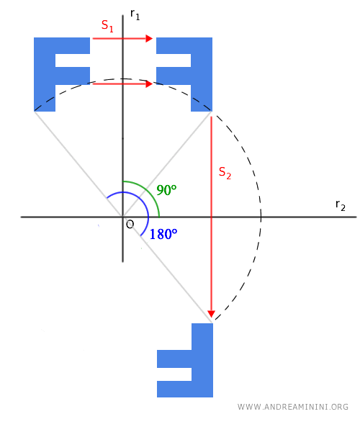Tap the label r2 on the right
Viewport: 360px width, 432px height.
click(340, 205)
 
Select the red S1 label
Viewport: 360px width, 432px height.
click(107, 26)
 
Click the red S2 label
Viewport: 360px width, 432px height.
click(225, 173)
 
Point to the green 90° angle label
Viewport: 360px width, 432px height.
click(166, 191)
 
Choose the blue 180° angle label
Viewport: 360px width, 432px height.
click(164, 234)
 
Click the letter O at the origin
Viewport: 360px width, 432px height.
click(130, 225)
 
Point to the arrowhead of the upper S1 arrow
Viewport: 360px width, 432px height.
click(149, 39)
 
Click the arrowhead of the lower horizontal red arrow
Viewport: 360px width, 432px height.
click(149, 84)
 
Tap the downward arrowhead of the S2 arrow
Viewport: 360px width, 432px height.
click(211, 312)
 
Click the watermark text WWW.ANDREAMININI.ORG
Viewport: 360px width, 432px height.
click(292, 407)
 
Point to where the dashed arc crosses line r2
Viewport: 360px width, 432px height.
click(261, 216)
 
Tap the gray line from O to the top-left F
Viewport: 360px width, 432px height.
click(79, 163)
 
